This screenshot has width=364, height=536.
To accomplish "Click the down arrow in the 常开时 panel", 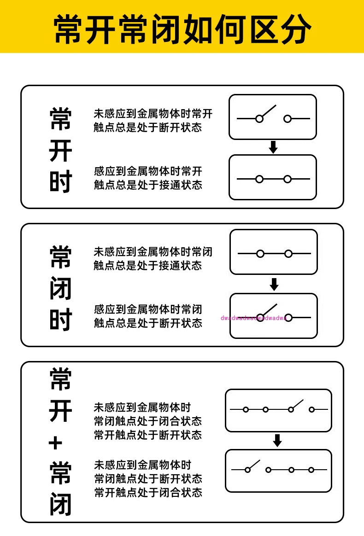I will pos(273,147).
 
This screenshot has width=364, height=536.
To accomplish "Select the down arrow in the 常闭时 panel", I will pos(274,284).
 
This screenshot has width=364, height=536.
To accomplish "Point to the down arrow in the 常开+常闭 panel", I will pos(277,441).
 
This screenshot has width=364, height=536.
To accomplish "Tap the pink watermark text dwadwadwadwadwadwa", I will pos(254,318).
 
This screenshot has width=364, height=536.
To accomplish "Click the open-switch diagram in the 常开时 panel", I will pos(273,117).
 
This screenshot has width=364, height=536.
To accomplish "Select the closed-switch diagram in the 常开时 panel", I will pos(273,177).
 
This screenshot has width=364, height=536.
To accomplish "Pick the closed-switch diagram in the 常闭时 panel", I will pos(274,252).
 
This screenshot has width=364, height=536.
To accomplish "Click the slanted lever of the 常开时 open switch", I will pos(268,111).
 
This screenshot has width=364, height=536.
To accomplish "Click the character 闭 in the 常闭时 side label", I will pos(61,289).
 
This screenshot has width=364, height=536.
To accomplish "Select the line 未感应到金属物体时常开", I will pos(153,114).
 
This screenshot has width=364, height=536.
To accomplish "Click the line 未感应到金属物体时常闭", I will pos(153,252).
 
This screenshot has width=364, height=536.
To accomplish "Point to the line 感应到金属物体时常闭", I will pos(148,309).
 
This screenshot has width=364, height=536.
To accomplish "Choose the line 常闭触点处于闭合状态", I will pos(148,421).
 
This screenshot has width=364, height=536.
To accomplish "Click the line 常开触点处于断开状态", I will pos(148,435).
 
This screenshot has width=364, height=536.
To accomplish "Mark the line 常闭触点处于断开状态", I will pos(148,479).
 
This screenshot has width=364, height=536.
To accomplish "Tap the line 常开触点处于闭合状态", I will pos(148,493).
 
